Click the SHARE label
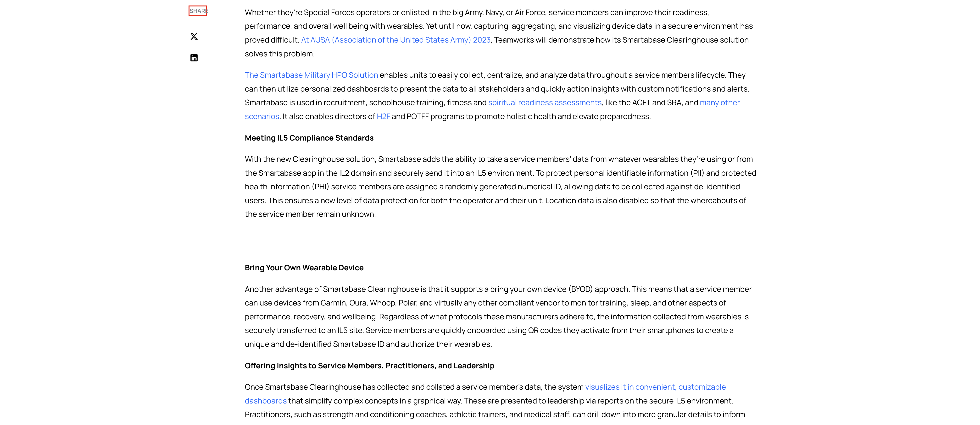pyautogui.click(x=198, y=11)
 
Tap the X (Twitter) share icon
pyautogui.click(x=194, y=37)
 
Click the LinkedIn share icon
pyautogui.click(x=194, y=58)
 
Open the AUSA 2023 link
pyautogui.click(x=396, y=40)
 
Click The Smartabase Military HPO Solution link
pyautogui.click(x=311, y=75)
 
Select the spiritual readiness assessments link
pyautogui.click(x=545, y=103)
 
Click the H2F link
pyautogui.click(x=383, y=116)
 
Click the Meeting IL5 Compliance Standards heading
pyautogui.click(x=309, y=138)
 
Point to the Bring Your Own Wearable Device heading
pyautogui.click(x=304, y=268)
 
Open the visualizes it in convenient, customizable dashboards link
pyautogui.click(x=655, y=387)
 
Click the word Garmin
pyautogui.click(x=333, y=303)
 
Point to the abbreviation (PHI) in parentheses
pyautogui.click(x=320, y=187)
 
